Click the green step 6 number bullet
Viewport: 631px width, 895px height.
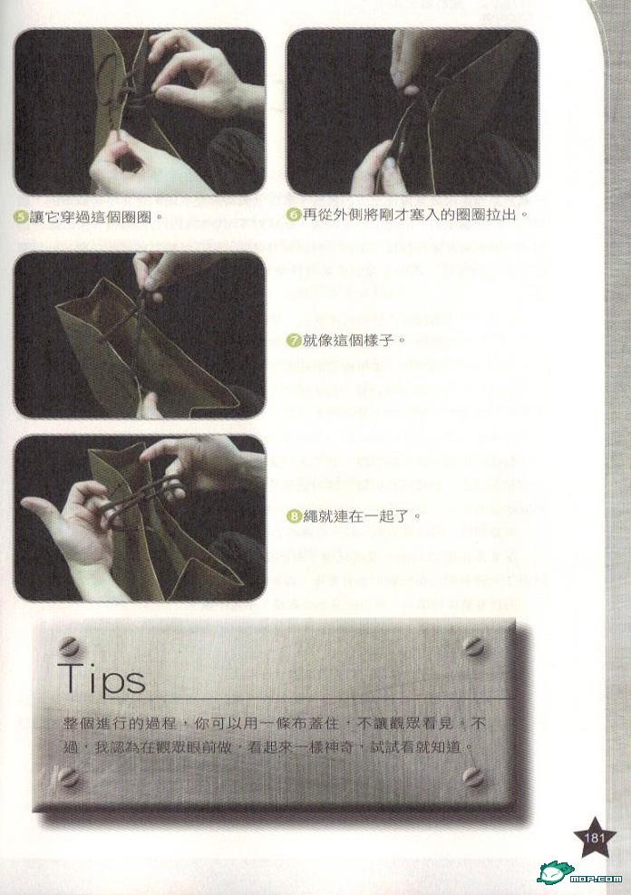click(x=293, y=216)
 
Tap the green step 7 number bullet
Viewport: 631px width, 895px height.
click(x=293, y=341)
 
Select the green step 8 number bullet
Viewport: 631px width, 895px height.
click(x=293, y=517)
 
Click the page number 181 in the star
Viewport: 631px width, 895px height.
click(x=595, y=837)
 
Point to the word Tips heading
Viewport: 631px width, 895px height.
click(x=103, y=678)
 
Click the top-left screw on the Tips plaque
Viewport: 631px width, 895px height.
click(x=68, y=647)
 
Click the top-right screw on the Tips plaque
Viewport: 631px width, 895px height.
click(x=474, y=647)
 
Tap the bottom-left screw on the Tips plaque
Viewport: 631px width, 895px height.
click(x=68, y=775)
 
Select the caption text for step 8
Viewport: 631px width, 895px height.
click(x=354, y=517)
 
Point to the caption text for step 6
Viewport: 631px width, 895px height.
click(x=409, y=216)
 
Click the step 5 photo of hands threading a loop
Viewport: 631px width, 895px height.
click(x=140, y=112)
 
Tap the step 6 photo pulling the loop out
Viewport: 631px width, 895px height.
click(x=413, y=112)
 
